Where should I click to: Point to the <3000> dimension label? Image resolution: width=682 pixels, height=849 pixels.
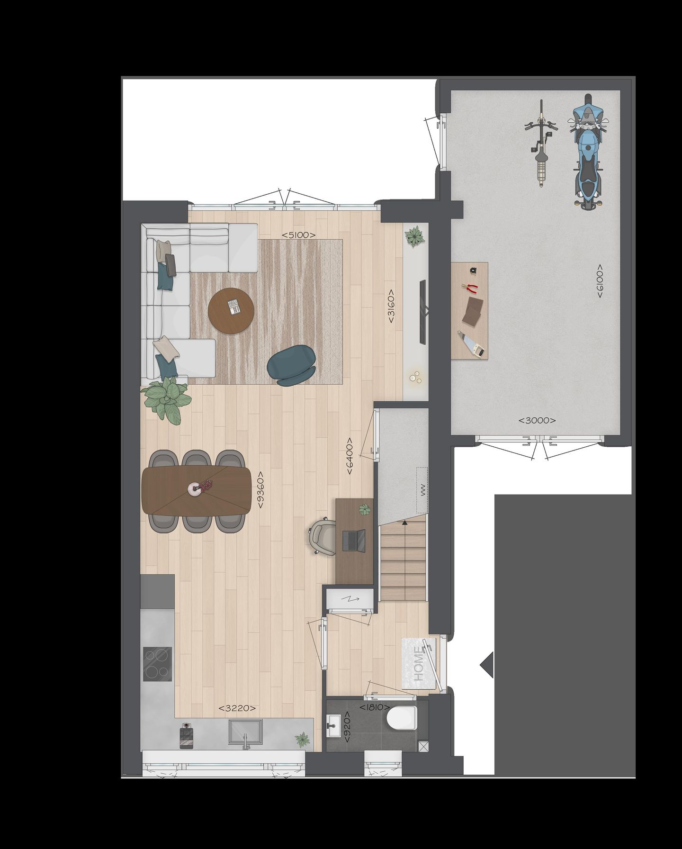537,420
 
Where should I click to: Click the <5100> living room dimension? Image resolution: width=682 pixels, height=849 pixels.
298,235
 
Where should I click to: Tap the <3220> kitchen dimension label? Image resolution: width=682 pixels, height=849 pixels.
237,708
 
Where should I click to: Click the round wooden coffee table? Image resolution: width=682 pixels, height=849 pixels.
231,311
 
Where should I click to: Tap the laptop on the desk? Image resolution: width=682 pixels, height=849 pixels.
354,541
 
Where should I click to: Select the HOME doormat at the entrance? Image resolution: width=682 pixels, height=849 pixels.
419,663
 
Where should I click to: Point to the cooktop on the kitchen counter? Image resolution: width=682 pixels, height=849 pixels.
158,663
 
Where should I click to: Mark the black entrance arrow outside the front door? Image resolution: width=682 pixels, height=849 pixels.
487,665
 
